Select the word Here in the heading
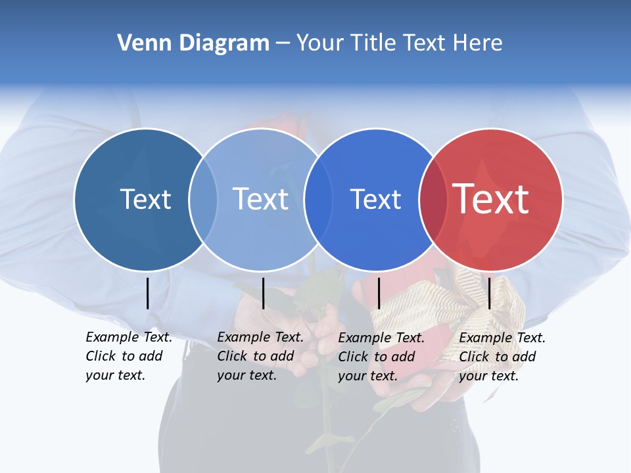(x=479, y=43)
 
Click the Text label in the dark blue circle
(x=145, y=199)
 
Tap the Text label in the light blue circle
(x=261, y=199)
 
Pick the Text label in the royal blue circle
(x=375, y=199)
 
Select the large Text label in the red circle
(x=490, y=199)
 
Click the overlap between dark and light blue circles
(x=203, y=200)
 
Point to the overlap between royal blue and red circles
(x=433, y=200)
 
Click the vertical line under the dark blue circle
(x=147, y=293)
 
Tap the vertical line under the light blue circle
(x=263, y=293)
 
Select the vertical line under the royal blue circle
(x=379, y=293)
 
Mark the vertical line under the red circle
(x=490, y=293)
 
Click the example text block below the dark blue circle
(x=128, y=356)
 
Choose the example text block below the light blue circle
(x=260, y=356)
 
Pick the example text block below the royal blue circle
(x=381, y=357)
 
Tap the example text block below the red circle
(x=502, y=357)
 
